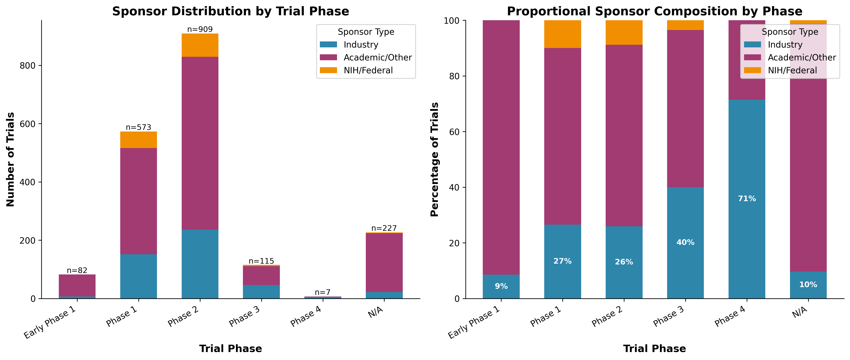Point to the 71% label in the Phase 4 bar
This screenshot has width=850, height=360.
coord(747,199)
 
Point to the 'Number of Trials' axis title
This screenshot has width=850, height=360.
coord(11,159)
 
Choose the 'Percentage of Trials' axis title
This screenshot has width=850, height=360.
coord(435,159)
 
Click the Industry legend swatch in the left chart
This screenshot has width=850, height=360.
coord(328,45)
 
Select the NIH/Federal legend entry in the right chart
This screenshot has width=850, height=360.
coord(792,70)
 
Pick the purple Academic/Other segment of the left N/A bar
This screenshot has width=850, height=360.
coord(384,263)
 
